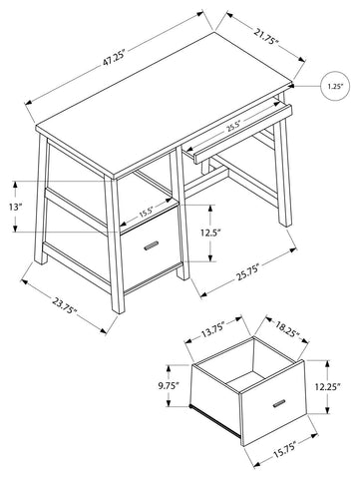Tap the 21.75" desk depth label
266,37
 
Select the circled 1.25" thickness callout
335,86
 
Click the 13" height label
15,207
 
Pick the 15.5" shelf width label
146,212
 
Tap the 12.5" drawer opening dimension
210,233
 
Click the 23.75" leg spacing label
65,305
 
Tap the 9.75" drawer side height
169,385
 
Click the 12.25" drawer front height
327,386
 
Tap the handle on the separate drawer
279,403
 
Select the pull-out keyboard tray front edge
243,135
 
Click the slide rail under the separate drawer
214,419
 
